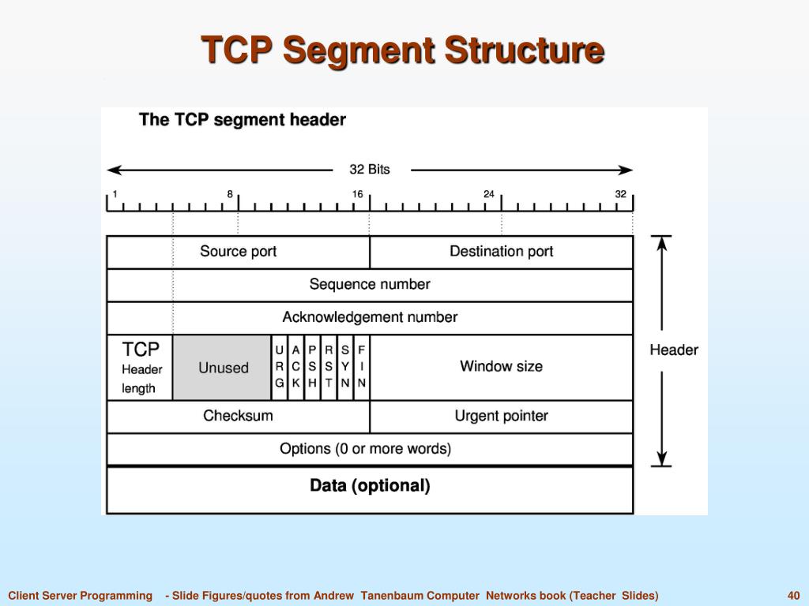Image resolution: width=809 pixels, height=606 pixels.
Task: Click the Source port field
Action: pos(239,252)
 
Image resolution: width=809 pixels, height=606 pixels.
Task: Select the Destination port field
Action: pos(501,252)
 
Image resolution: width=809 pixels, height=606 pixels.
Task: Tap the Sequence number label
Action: pos(370,284)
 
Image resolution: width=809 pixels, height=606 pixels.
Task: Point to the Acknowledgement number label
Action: pos(370,317)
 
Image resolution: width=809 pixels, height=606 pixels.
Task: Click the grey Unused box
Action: pos(223,368)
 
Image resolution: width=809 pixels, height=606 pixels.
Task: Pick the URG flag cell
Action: pos(280,367)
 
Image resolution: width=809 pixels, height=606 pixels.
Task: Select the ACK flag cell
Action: pos(296,367)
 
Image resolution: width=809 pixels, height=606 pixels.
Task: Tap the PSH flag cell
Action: pos(313,367)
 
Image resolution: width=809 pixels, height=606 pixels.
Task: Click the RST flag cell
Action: pos(329,367)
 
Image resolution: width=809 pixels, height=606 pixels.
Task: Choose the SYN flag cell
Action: pos(345,367)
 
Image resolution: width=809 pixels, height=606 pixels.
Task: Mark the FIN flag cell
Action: pos(362,367)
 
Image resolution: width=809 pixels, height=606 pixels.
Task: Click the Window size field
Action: pos(501,366)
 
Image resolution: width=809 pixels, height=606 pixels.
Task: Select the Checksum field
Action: pos(238,416)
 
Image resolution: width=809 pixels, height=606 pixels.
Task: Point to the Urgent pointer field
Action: pos(501,416)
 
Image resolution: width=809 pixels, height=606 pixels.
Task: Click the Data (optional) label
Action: pos(370,486)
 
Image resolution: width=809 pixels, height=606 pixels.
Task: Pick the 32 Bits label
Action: pos(370,170)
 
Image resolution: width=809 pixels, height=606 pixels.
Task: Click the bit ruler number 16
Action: pos(358,194)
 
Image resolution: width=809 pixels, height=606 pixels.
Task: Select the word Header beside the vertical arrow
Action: pos(674,350)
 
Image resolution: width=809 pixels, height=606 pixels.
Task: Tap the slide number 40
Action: pos(794,596)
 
